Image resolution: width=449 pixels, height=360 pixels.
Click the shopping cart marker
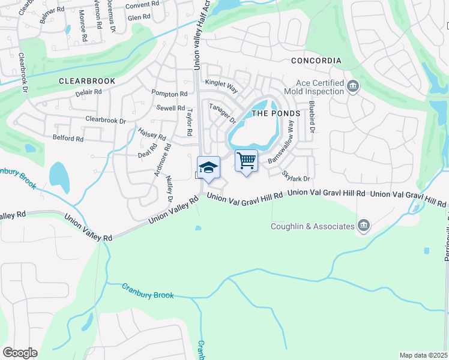246,161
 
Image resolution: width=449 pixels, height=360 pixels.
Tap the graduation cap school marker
208,167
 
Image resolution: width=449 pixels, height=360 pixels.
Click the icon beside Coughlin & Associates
363,226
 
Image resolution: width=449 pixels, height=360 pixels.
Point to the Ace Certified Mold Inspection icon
353,87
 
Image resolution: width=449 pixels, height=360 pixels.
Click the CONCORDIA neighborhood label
316,61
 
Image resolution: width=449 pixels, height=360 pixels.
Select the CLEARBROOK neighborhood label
83,80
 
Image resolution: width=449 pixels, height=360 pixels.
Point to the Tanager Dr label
222,111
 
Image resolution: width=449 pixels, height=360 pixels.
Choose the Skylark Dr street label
296,175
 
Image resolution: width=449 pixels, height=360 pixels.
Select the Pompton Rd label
169,94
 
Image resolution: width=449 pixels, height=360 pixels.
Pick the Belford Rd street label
68,139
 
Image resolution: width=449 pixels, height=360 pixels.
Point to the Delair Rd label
89,92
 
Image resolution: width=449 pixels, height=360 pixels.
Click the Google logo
20,353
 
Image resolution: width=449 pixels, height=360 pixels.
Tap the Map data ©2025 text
423,355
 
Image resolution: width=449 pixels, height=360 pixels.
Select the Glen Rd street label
139,17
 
